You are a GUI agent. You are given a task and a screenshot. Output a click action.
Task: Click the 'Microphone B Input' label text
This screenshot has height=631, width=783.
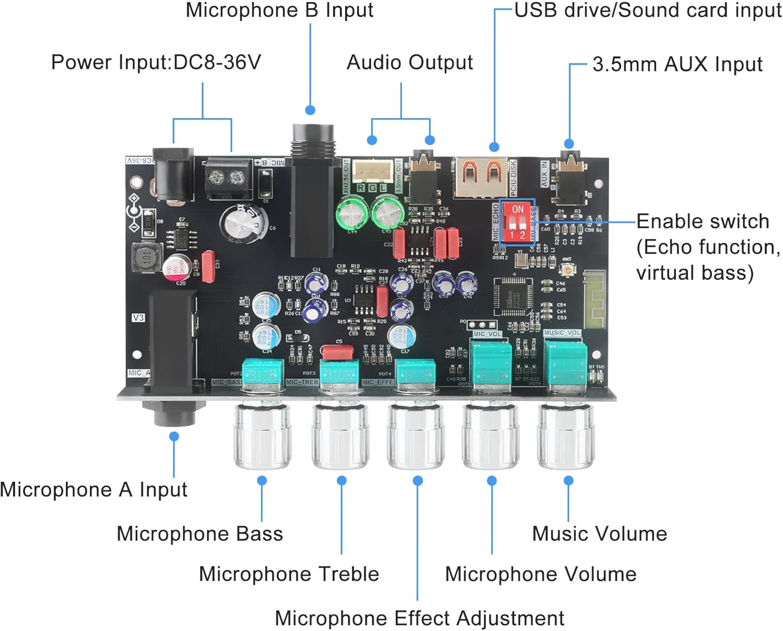[279, 10]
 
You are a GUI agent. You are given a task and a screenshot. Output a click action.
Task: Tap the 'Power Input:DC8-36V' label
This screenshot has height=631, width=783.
[156, 62]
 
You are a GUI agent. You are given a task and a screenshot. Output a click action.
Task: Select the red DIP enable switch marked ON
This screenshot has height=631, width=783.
[517, 221]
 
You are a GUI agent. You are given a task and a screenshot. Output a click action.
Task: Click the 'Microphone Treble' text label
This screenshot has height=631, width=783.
[289, 574]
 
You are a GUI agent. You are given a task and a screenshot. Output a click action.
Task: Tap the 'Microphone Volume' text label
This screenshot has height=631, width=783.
[540, 574]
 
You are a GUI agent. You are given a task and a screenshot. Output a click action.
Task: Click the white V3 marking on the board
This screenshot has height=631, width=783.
[138, 317]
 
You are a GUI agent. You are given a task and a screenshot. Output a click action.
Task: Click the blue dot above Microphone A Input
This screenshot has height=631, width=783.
[174, 436]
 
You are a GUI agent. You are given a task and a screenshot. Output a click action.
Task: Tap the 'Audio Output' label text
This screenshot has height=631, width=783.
[410, 63]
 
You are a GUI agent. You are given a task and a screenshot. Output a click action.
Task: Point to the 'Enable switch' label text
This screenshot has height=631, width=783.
[703, 221]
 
